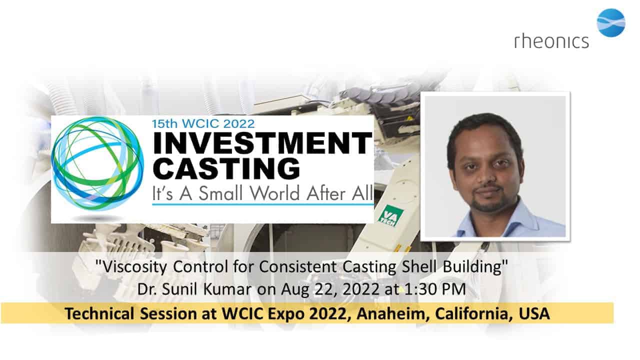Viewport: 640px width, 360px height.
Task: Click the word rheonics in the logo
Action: [x=551, y=41]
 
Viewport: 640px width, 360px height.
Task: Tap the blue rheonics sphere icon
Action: [x=611, y=23]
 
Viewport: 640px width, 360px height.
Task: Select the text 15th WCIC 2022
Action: [x=203, y=123]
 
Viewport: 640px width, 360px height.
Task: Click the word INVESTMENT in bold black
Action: [x=262, y=143]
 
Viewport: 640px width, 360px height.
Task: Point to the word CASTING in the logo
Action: [x=226, y=168]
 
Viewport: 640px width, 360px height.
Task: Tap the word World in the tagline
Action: [x=275, y=193]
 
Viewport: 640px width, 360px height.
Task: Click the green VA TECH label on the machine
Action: [x=390, y=215]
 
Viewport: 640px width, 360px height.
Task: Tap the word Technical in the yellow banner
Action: [x=99, y=313]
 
